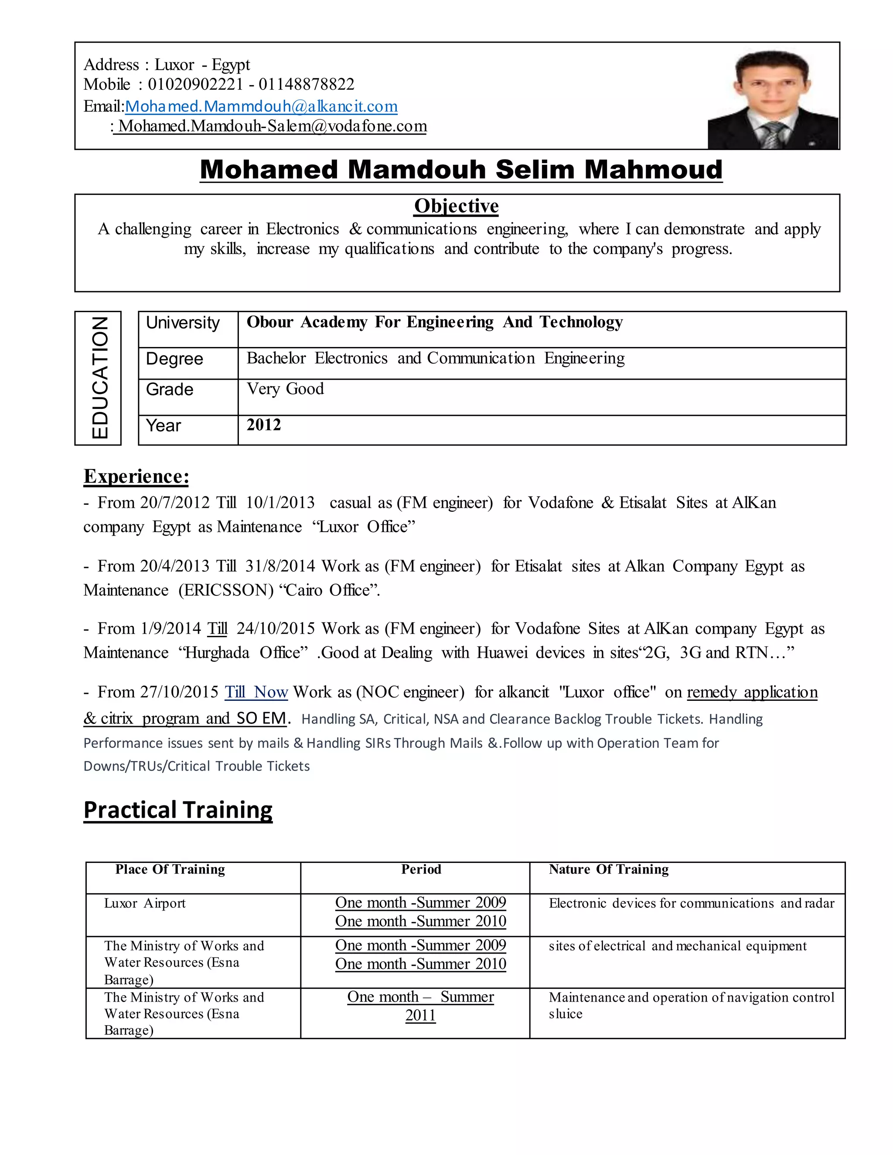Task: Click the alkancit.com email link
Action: point(261,106)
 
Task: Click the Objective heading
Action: point(456,206)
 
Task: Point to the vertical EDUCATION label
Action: point(99,377)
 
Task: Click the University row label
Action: point(183,323)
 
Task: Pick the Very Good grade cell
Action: point(285,389)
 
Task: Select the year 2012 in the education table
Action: point(263,425)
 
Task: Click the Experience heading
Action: point(136,476)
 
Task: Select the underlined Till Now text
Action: point(256,692)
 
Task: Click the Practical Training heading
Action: point(178,810)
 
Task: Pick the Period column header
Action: point(421,870)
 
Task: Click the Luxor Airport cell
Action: point(144,903)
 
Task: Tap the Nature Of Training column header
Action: point(608,870)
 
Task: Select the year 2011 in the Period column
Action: point(421,1016)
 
